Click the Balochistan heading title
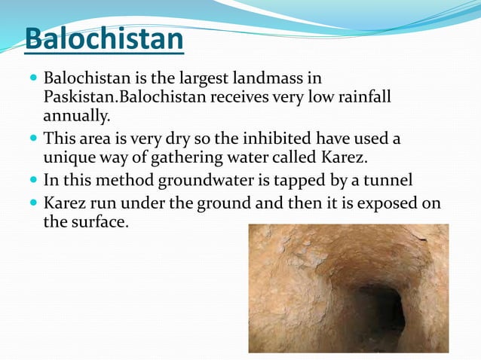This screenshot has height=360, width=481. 104,40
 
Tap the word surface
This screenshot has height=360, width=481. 97,224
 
